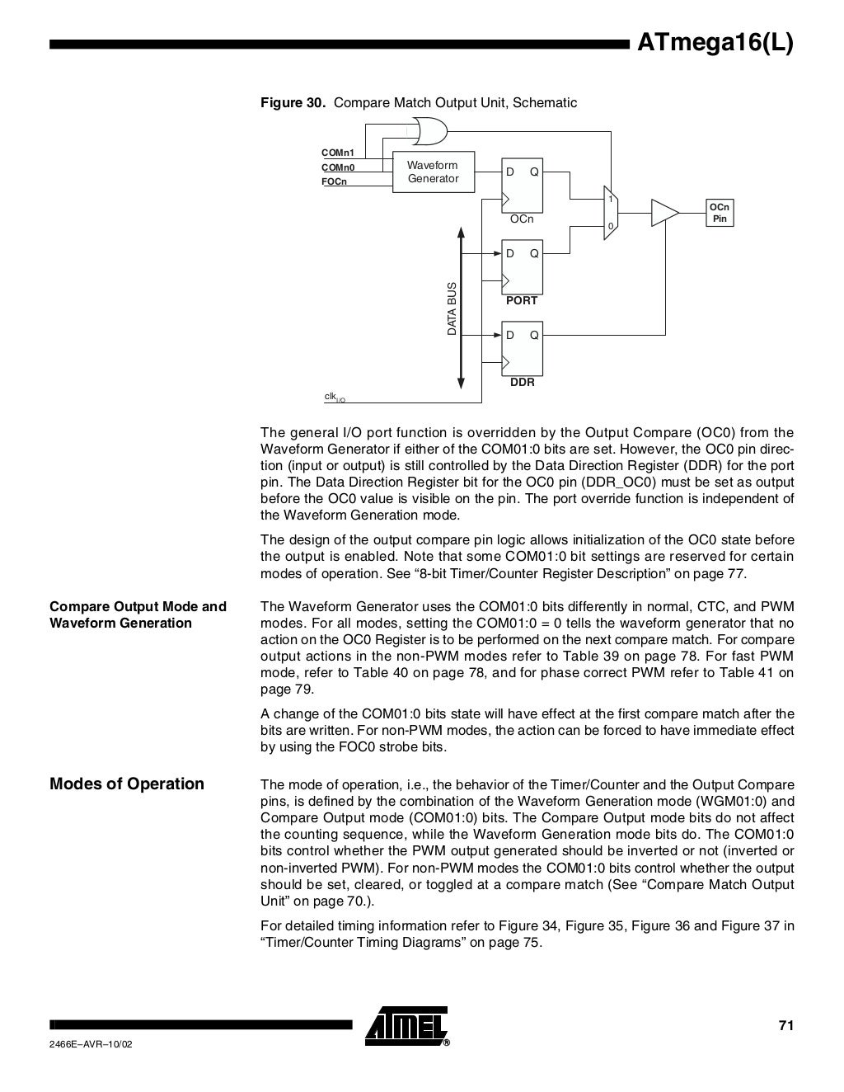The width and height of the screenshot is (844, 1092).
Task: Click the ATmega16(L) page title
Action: click(x=715, y=43)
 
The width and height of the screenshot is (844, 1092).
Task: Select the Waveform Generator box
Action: click(x=433, y=172)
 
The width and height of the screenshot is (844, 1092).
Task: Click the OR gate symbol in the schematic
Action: click(x=427, y=130)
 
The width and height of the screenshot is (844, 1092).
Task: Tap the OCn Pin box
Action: click(x=720, y=213)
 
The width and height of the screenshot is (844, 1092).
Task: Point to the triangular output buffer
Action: click(x=663, y=213)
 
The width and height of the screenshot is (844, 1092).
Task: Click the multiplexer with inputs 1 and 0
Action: click(x=610, y=213)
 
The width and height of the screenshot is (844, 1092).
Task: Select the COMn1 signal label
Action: click(x=338, y=153)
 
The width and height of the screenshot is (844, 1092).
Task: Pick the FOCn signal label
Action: click(x=334, y=181)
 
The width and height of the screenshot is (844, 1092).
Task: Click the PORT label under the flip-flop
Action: click(x=522, y=301)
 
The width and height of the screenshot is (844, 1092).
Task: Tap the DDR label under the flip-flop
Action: click(x=523, y=383)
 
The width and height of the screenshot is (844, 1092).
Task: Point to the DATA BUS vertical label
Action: click(x=452, y=308)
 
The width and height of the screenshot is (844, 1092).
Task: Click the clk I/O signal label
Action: click(x=334, y=398)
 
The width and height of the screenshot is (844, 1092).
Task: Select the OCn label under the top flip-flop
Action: click(x=522, y=219)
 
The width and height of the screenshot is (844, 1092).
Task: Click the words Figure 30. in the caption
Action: click(x=293, y=103)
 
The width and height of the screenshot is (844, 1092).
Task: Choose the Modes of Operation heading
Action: click(x=127, y=784)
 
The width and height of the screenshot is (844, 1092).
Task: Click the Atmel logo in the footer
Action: click(x=407, y=1026)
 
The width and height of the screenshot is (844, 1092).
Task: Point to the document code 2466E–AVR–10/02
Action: click(x=91, y=1044)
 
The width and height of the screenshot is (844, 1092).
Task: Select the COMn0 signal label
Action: click(x=338, y=167)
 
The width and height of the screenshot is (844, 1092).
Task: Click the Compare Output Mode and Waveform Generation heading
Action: click(x=138, y=614)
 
